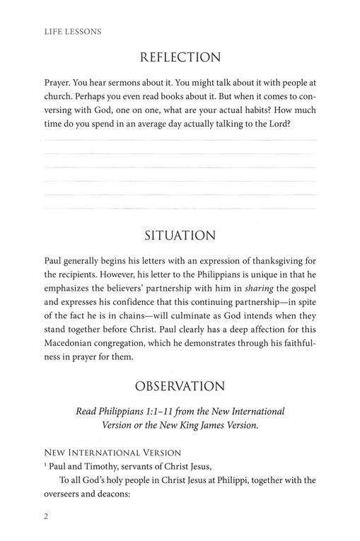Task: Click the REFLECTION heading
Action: coord(180,57)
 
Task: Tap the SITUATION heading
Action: coord(180,235)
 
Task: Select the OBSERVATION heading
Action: coord(180,386)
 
